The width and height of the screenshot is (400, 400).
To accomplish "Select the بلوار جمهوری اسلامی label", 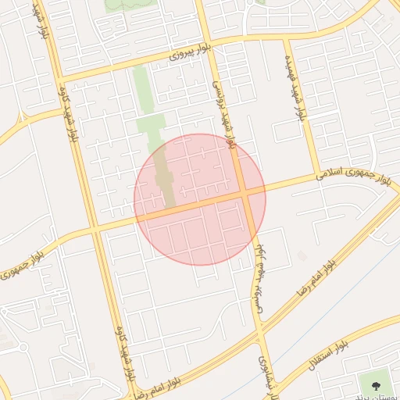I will tap(353, 174).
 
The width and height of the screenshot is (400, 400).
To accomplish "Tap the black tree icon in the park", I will tap(377, 384).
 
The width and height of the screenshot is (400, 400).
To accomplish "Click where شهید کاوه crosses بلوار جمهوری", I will tap(96, 229).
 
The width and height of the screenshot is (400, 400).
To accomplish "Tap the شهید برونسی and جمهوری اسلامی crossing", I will tap(245, 191).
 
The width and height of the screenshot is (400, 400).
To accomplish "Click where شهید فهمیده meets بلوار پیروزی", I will tap(286, 34).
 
